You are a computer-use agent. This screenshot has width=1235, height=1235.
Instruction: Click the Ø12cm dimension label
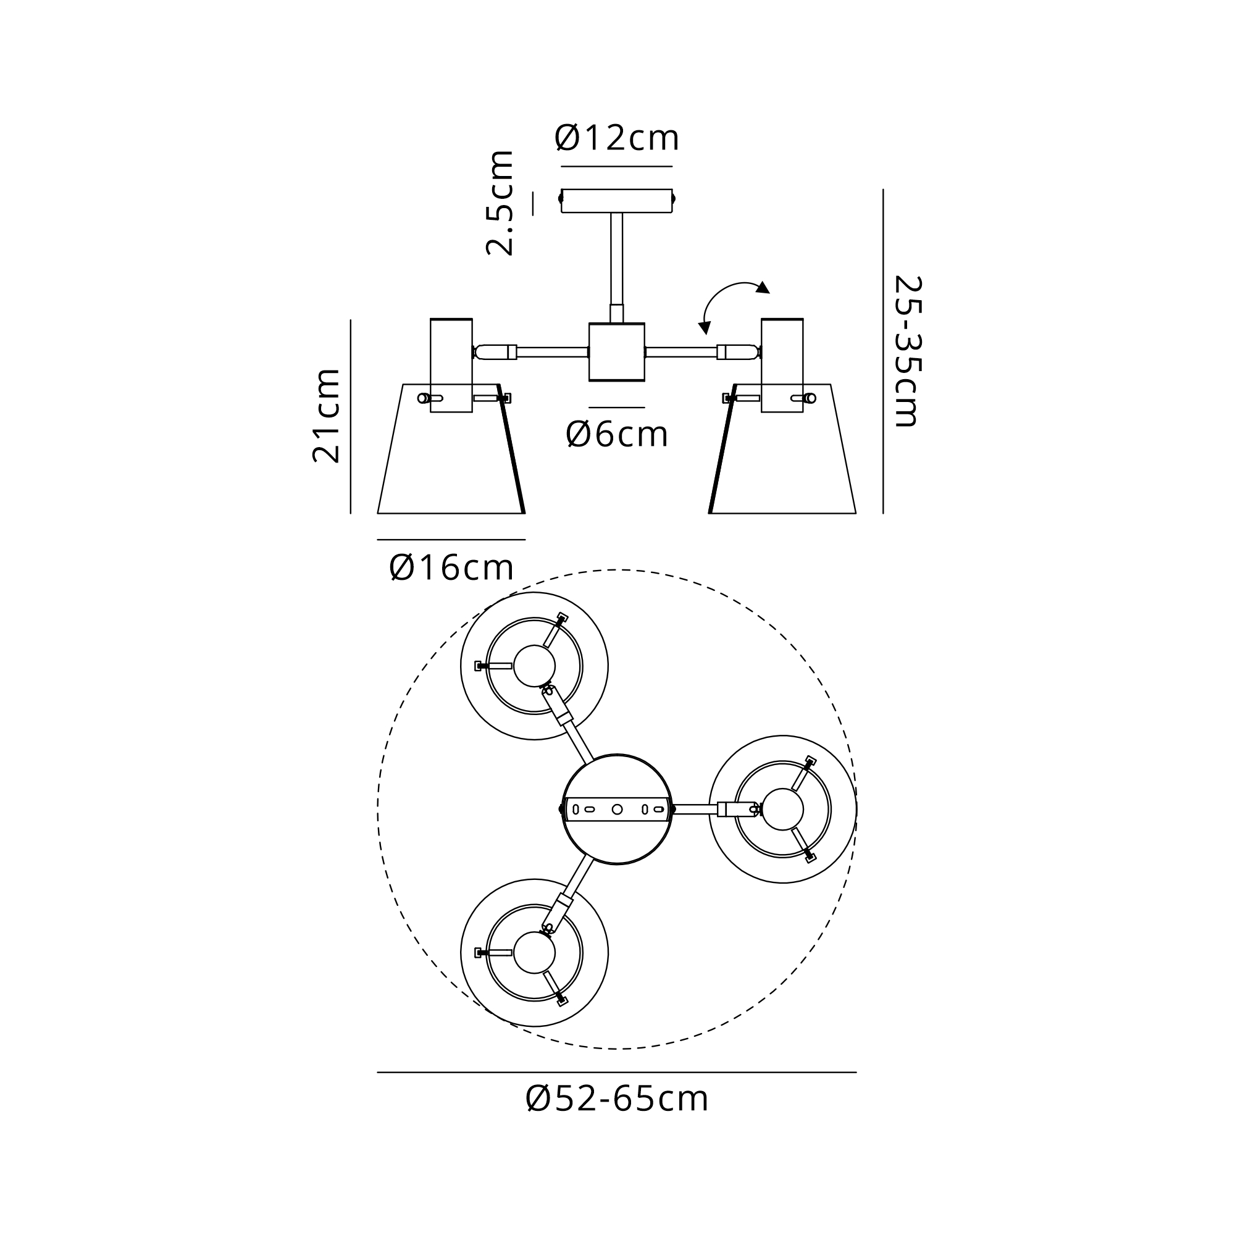tap(617, 138)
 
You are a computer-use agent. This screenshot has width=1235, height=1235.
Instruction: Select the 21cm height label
tap(327, 416)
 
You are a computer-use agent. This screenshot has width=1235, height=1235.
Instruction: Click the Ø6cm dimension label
tap(617, 435)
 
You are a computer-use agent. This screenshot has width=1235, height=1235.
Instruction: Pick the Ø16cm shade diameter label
tap(451, 567)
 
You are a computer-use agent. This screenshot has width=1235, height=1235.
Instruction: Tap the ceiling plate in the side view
tap(617, 201)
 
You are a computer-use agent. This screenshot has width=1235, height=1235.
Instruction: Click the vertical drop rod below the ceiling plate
tap(617, 267)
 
